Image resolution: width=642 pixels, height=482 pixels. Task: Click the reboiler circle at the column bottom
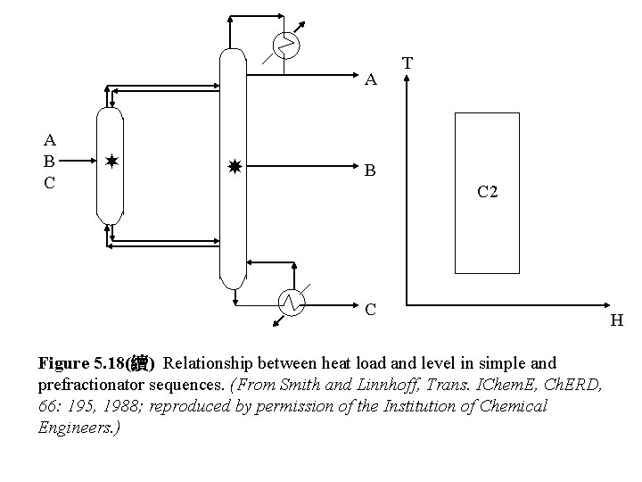click(x=292, y=303)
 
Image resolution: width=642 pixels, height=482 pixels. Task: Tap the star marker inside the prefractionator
click(x=111, y=162)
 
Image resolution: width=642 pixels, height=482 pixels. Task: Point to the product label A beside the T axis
click(x=372, y=80)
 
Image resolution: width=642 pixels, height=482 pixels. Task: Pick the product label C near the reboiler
click(x=372, y=310)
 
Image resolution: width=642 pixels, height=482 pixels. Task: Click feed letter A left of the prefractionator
click(x=50, y=139)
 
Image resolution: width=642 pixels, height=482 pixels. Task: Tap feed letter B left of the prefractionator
click(x=50, y=162)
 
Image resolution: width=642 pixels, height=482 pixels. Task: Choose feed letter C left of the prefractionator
click(x=50, y=183)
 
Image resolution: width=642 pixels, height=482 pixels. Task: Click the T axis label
click(x=407, y=63)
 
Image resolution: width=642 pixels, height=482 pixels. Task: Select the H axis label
click(x=616, y=320)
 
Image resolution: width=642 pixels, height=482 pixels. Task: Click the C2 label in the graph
click(x=487, y=190)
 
